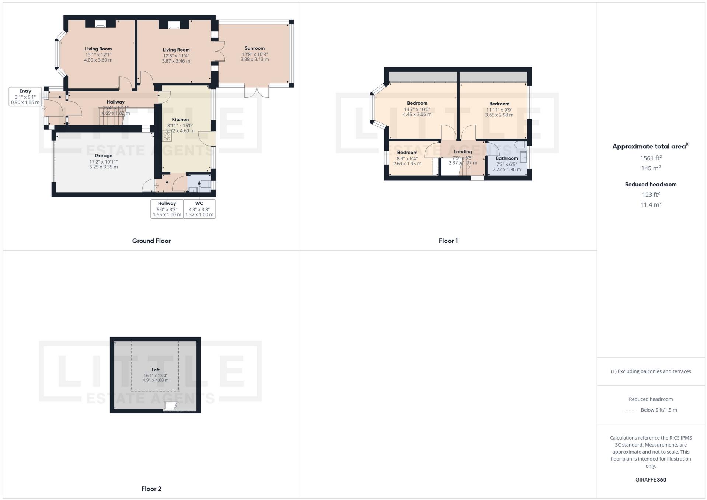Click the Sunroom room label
click(254, 48)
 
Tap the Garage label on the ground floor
click(103, 156)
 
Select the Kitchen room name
click(180, 120)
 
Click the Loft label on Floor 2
click(156, 370)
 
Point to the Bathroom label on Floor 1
click(506, 158)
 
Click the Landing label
click(463, 152)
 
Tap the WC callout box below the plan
click(199, 209)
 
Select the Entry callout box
click(25, 97)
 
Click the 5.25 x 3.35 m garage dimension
click(104, 167)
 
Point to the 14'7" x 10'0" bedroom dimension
click(417, 109)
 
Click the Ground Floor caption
click(151, 241)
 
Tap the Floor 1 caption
click(448, 241)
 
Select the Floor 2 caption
click(151, 489)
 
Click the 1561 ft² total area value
click(651, 158)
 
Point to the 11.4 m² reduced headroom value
click(651, 204)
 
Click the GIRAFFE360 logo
click(651, 480)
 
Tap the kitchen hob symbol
click(167, 136)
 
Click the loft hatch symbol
click(171, 406)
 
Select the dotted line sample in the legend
click(631, 410)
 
